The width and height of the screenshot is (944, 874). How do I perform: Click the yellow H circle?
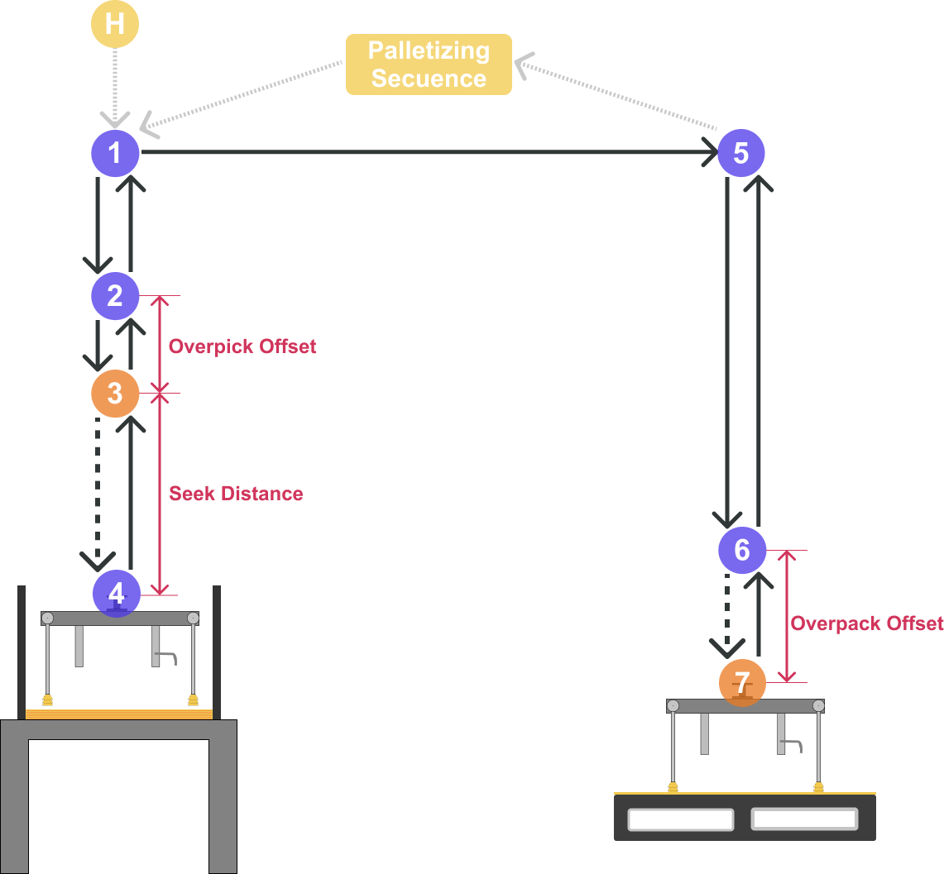point(114,23)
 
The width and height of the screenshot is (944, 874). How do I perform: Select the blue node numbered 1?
point(114,153)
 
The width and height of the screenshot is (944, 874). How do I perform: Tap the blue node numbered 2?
point(114,296)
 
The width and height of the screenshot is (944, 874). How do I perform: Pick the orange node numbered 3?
point(114,394)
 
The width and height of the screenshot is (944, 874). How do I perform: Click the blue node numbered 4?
point(116,593)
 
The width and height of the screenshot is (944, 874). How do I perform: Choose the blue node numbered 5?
point(740,153)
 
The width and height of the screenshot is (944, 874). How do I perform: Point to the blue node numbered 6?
point(741,550)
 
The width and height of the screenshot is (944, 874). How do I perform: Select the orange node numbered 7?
point(742,683)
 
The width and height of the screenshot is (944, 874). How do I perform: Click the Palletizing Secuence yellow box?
point(429,64)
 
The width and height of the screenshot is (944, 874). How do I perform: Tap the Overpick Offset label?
point(242,346)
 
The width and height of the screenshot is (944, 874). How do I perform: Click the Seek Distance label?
point(236,494)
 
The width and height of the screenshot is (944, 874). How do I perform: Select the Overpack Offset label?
point(866,623)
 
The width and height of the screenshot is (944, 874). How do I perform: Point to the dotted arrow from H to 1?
point(114,83)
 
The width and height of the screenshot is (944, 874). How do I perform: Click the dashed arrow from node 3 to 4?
point(98,488)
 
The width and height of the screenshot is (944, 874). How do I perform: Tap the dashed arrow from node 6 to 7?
point(726,612)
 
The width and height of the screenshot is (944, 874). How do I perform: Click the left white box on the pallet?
point(680,819)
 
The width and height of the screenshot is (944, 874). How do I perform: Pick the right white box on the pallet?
point(803,819)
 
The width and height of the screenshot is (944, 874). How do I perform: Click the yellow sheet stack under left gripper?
point(119,714)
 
